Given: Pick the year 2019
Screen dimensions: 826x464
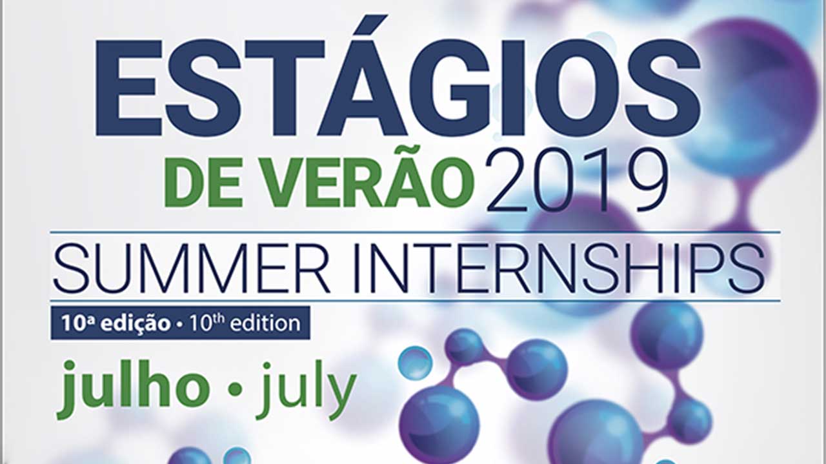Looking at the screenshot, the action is click(577, 180).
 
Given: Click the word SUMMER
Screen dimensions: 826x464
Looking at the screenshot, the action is click(191, 268).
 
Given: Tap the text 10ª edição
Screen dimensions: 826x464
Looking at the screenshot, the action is click(116, 323).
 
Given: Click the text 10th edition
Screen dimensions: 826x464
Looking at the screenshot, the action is click(245, 323).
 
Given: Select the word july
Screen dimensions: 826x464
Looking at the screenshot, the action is click(306, 390).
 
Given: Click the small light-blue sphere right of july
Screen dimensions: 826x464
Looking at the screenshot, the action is click(415, 363).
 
